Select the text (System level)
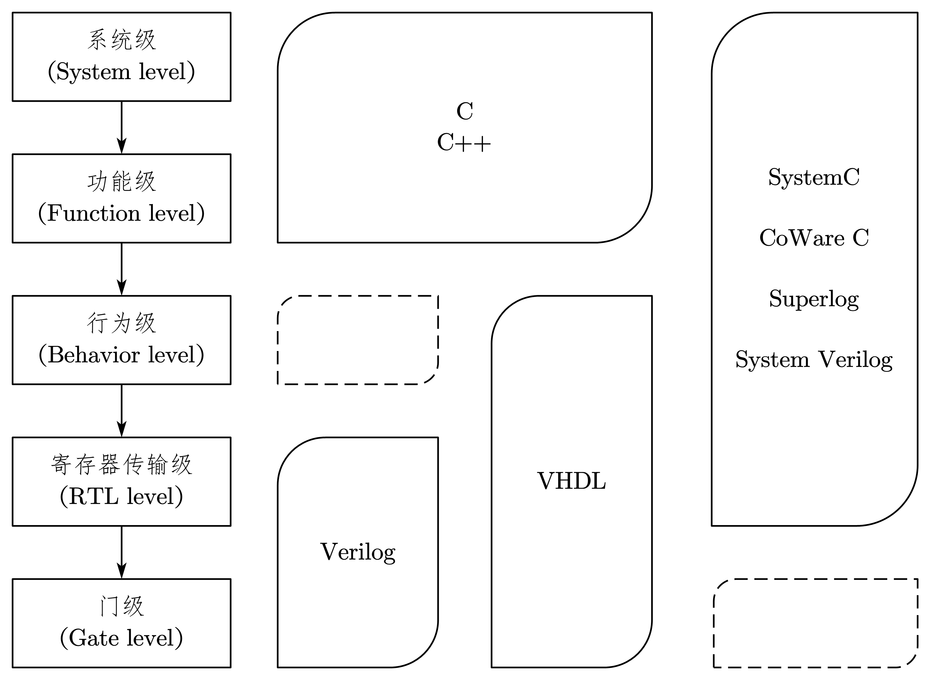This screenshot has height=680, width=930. coord(121,72)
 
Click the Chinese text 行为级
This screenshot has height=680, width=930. coord(121,323)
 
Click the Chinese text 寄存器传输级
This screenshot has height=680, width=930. coord(121,465)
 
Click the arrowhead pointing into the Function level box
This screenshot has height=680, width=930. coord(121,146)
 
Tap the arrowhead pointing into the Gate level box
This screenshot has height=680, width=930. coord(121,571)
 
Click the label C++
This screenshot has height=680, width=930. coord(464,143)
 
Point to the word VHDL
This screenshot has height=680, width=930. coord(571,481)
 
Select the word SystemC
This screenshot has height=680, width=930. coord(814,178)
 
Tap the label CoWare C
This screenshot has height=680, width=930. coord(814,238)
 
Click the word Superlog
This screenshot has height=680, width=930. coord(814,299)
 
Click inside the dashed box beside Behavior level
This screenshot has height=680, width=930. coord(358,340)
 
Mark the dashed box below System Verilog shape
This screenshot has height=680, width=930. coord(815,623)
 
